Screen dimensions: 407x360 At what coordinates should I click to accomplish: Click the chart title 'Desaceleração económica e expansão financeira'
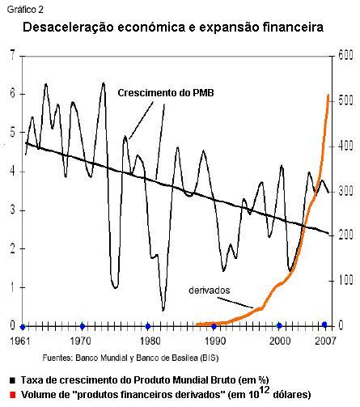tap(173, 28)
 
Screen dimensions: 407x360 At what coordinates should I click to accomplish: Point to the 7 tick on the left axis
tap(11, 54)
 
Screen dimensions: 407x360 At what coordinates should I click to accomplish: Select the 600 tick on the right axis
tap(345, 54)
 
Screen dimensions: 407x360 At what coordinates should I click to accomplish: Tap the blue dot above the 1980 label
tap(147, 326)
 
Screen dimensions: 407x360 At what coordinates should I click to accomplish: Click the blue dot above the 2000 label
tap(279, 326)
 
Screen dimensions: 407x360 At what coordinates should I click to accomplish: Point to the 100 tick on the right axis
tap(345, 280)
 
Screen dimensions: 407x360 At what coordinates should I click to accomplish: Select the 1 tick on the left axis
tap(11, 287)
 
